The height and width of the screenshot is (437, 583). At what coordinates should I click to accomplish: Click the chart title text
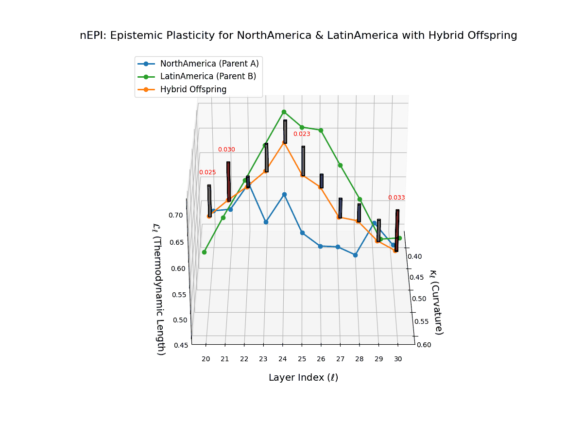pyautogui.click(x=298, y=35)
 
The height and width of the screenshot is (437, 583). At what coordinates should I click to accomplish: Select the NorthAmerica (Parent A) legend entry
pyautogui.click(x=209, y=64)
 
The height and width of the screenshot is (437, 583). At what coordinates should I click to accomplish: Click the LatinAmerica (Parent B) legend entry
pyautogui.click(x=208, y=76)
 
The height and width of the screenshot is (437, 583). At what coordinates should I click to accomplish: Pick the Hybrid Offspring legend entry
pyautogui.click(x=193, y=89)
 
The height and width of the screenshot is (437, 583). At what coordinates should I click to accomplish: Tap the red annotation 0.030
pyautogui.click(x=226, y=150)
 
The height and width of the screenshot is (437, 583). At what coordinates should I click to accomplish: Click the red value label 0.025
pyautogui.click(x=207, y=172)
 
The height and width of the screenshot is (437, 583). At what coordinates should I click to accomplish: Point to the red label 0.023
pyautogui.click(x=302, y=134)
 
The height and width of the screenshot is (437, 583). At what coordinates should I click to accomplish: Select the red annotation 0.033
pyautogui.click(x=396, y=198)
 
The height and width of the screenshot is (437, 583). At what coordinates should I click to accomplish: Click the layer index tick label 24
pyautogui.click(x=283, y=359)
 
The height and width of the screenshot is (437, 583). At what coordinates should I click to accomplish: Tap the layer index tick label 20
pyautogui.click(x=206, y=359)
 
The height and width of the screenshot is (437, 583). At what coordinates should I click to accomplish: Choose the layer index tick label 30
pyautogui.click(x=398, y=359)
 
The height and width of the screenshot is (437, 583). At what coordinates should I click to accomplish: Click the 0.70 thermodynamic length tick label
pyautogui.click(x=175, y=215)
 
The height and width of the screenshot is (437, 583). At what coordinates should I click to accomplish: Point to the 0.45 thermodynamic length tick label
pyautogui.click(x=181, y=346)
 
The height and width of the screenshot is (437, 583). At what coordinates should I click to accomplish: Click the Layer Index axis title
pyautogui.click(x=303, y=378)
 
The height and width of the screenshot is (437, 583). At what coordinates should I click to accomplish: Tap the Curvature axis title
pyautogui.click(x=436, y=302)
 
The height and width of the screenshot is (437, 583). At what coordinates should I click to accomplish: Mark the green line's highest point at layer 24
pyautogui.click(x=284, y=112)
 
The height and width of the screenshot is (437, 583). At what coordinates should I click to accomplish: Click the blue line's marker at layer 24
pyautogui.click(x=285, y=195)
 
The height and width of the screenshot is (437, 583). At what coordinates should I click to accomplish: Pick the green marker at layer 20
pyautogui.click(x=205, y=252)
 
